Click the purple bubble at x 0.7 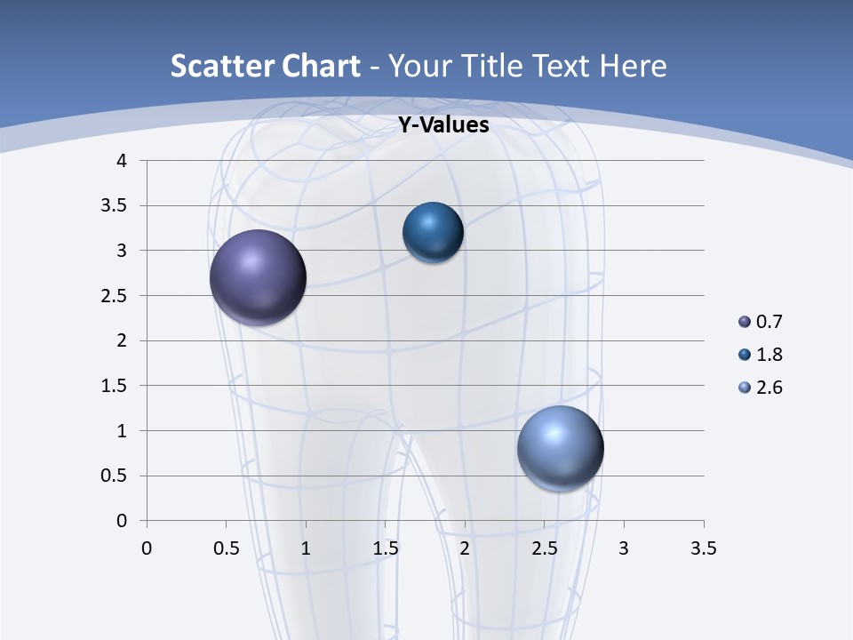click(258, 277)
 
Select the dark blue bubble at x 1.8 click(433, 232)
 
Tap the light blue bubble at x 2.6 click(560, 448)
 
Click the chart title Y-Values click(442, 125)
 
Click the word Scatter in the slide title click(219, 66)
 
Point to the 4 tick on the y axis click(122, 161)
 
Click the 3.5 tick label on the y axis click(115, 206)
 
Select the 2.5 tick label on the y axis click(115, 296)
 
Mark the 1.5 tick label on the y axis click(115, 386)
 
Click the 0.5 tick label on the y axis click(115, 476)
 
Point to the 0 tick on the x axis click(147, 548)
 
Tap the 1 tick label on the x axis click(306, 548)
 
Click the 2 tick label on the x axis click(465, 548)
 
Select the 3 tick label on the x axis click(624, 548)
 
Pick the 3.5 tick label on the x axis click(703, 548)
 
